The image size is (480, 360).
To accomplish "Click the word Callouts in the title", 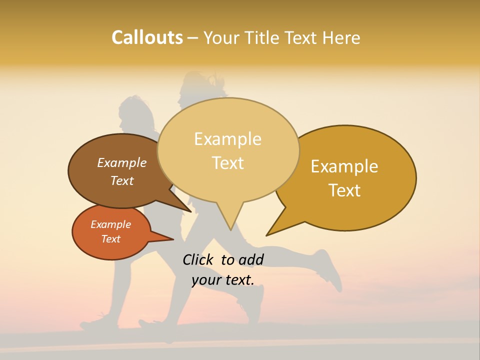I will point(147,37).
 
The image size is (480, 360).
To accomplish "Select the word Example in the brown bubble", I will point(121,162).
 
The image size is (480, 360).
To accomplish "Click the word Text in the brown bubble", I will point(121,180).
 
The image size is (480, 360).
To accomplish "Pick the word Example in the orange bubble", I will point(110,224).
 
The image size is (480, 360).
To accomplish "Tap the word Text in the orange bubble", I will point(110,239).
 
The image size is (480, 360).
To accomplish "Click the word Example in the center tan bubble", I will point(227,139).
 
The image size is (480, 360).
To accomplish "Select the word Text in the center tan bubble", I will point(228,163).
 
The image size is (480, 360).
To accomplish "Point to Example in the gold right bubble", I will point(344,166).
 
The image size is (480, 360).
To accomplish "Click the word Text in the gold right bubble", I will point(345,190).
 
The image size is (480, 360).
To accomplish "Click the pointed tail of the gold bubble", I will point(270,232).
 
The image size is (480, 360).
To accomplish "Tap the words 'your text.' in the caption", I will point(222,280).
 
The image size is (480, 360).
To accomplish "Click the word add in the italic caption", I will point(250,259).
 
